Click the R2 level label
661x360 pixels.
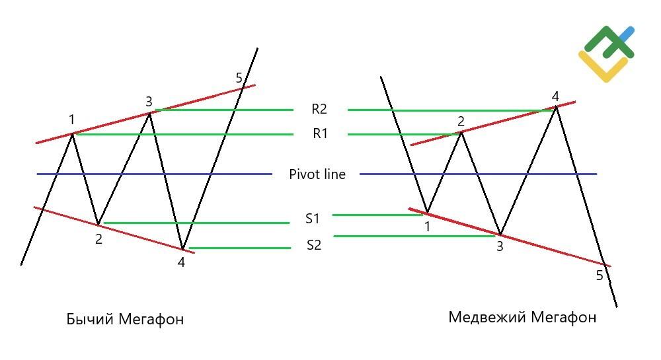[319, 109]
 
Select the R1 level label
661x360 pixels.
[320, 133]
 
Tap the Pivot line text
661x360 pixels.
[317, 174]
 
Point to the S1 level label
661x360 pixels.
[313, 219]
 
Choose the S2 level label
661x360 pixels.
[313, 244]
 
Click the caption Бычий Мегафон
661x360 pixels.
[125, 319]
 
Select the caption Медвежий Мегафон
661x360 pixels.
[522, 317]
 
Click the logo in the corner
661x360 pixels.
[606, 54]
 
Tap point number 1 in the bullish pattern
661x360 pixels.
[71, 120]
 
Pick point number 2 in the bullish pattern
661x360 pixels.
[98, 239]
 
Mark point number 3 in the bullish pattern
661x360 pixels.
[149, 102]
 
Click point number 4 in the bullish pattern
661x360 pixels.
[181, 262]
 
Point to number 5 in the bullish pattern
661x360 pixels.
[239, 78]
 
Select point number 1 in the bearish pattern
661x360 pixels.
[427, 227]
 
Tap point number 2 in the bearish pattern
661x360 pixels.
[461, 122]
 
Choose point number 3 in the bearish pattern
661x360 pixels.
[500, 246]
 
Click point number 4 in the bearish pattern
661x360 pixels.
[556, 96]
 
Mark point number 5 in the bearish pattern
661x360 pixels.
[600, 275]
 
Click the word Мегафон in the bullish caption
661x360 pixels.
[151, 319]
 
